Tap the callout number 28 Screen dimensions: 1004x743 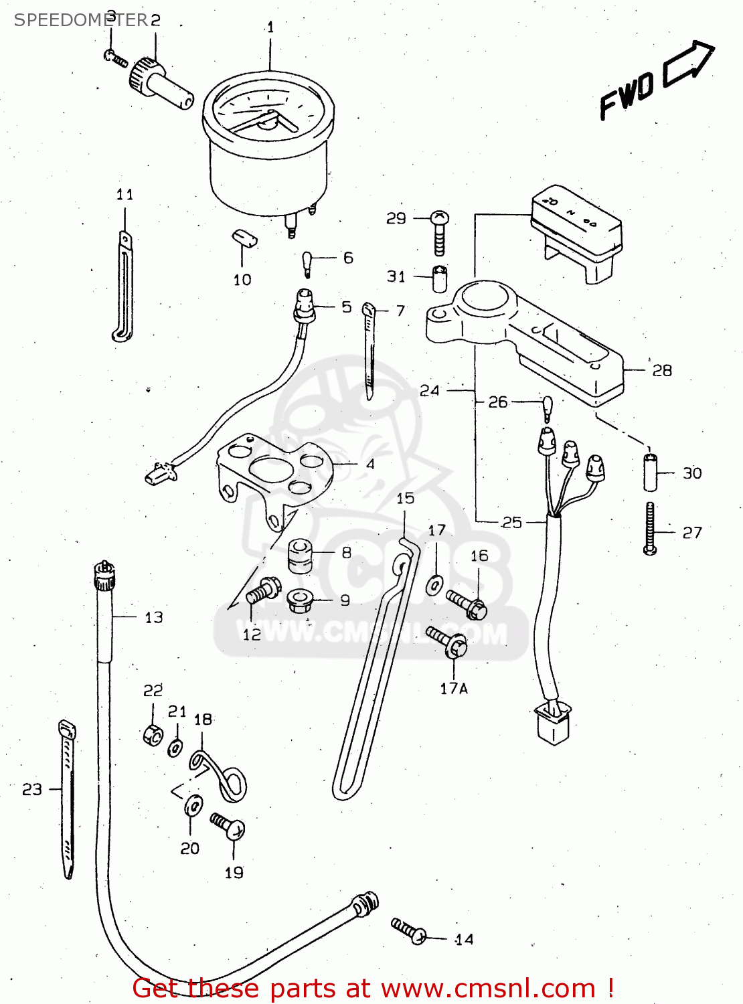(x=661, y=370)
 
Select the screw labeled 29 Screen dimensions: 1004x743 (x=440, y=232)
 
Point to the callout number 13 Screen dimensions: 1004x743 (x=154, y=617)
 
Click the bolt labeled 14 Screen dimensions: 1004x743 (x=410, y=930)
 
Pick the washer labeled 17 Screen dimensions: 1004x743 (x=434, y=585)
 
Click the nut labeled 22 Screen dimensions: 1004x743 (x=153, y=735)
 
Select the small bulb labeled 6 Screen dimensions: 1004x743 (x=307, y=263)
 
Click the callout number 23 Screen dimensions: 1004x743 (x=31, y=790)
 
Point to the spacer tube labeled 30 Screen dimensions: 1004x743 (x=650, y=473)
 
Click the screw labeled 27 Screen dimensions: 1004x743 (x=650, y=529)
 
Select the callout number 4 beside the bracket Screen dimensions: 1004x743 (x=370, y=464)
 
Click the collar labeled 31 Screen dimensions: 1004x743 (x=439, y=278)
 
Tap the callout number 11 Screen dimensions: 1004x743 (x=125, y=195)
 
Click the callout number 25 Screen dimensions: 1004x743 (x=511, y=522)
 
